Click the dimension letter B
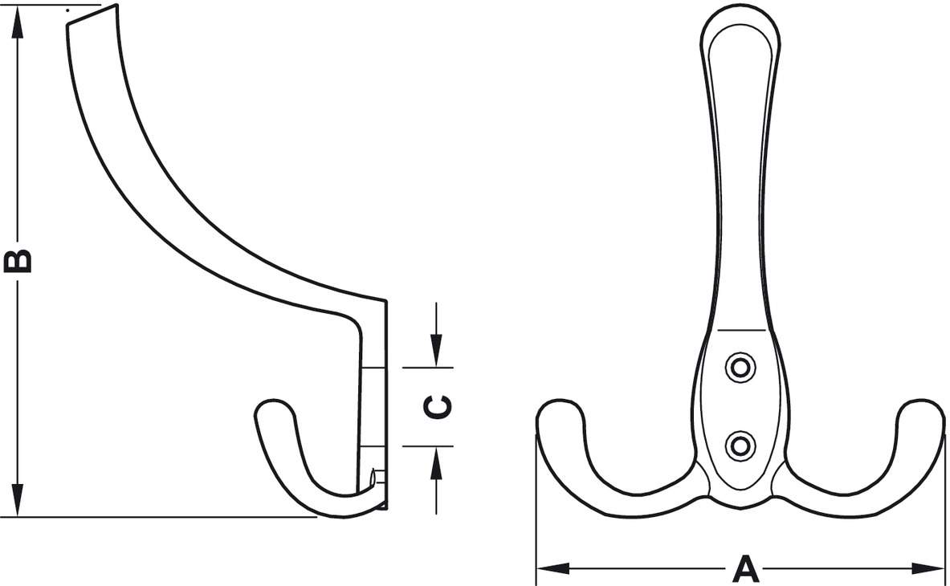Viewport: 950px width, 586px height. pyautogui.click(x=18, y=260)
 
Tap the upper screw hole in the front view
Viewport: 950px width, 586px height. pyautogui.click(x=740, y=368)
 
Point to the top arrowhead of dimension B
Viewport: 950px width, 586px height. pyautogui.click(x=18, y=21)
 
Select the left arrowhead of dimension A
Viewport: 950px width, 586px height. pyautogui.click(x=553, y=568)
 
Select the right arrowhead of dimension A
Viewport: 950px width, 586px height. pyautogui.click(x=928, y=568)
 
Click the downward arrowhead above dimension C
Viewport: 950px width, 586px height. pyautogui.click(x=436, y=351)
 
